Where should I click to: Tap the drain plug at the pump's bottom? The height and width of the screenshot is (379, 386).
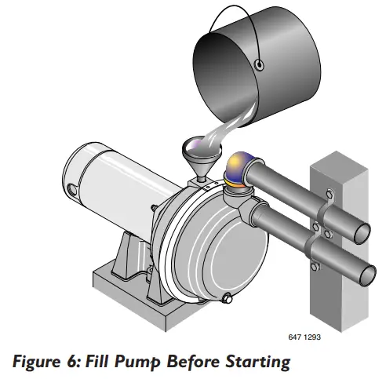[228, 297]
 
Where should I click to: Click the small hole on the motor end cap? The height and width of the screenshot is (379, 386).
[73, 188]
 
